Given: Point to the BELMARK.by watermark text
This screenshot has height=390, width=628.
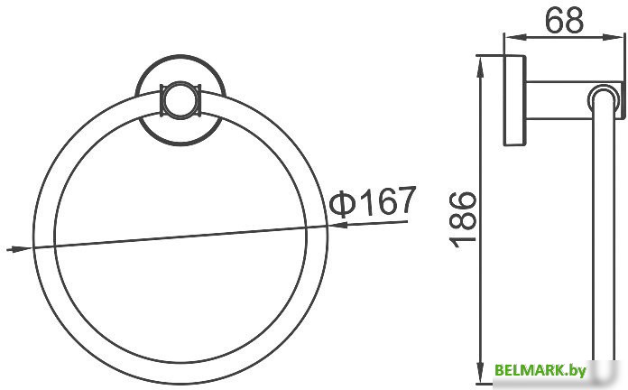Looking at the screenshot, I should point(553,370).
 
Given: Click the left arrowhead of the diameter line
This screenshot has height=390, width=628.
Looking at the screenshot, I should point(13,248).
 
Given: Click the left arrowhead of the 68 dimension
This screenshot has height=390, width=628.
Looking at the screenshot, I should point(510,38).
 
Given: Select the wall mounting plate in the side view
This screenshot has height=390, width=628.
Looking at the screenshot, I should point(513,99).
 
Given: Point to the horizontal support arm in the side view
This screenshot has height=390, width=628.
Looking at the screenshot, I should point(559,99).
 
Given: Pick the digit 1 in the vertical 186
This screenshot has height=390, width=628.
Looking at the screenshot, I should point(461,240).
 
